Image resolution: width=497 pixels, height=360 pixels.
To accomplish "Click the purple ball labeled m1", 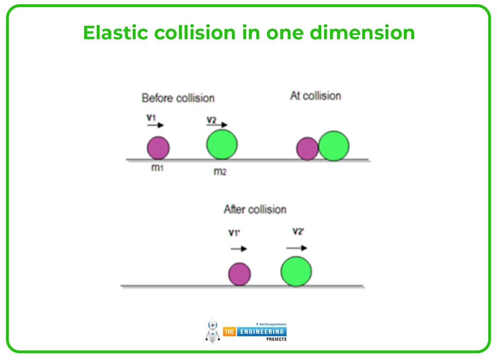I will coord(158,148).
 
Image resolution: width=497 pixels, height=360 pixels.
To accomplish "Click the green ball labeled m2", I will coord(222,144).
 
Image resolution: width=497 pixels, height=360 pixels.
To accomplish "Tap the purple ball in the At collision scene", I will coord(307,149).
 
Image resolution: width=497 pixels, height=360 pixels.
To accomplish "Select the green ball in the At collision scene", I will coord(334,146).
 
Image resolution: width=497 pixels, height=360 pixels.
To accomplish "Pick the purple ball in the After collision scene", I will coord(239,274).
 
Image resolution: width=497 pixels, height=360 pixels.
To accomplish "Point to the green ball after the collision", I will coord(296,271).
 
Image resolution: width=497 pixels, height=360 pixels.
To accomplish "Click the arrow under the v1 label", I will coord(155,125).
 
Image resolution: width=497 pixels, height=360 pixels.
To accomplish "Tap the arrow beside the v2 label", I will coord(218,125).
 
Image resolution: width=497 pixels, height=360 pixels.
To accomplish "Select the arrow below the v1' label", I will coord(239,249).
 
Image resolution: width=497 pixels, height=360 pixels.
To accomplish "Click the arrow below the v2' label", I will coord(297,248).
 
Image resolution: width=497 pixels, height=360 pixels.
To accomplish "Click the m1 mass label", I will coord(157,169).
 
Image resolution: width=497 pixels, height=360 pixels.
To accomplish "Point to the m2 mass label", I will coord(220,171).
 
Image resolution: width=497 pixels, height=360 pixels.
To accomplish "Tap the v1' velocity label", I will coord(235,233).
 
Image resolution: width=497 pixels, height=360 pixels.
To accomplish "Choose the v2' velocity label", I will coord(298,231).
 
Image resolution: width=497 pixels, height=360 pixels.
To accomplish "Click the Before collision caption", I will coord(178,98).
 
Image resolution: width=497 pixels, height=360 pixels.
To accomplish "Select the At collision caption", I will coord(315,96).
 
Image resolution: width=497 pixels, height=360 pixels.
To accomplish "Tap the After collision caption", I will coord(255,209).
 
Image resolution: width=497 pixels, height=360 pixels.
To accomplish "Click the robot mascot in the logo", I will coord(213,331).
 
